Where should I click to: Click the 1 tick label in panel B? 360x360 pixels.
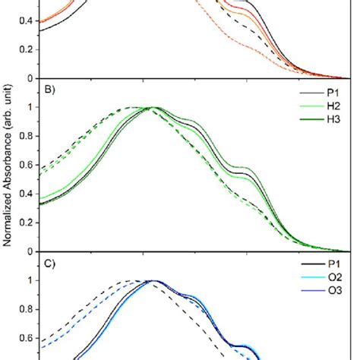[30, 107]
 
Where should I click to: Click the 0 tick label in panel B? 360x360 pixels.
[30, 251]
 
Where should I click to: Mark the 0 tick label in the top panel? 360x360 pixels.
[30, 78]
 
